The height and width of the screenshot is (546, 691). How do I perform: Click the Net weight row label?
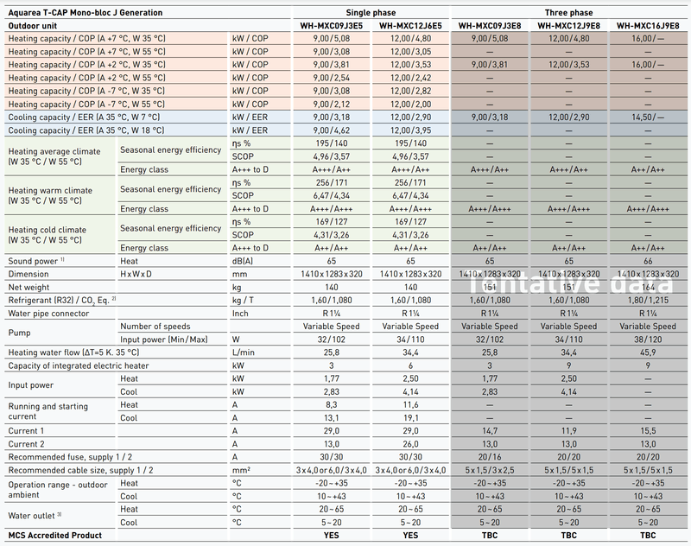(30, 286)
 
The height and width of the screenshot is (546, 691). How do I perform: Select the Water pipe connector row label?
(51, 313)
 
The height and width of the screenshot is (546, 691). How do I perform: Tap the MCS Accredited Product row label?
(54, 536)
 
